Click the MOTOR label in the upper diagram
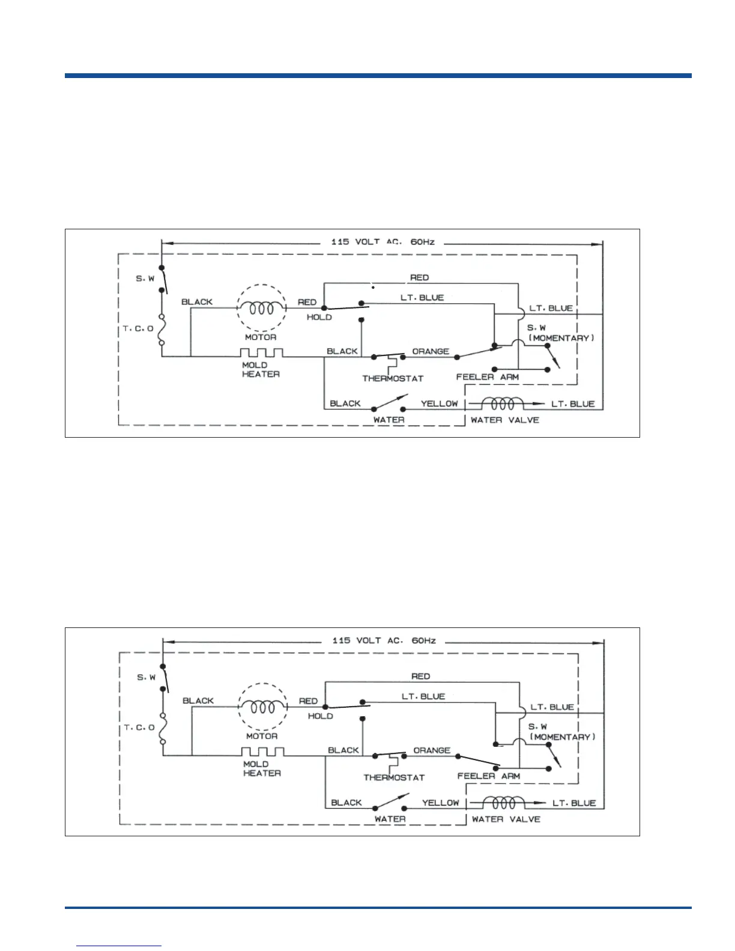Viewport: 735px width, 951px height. click(x=261, y=337)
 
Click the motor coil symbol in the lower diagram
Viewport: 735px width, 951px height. click(x=262, y=707)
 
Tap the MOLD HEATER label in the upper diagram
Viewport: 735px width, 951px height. click(x=261, y=370)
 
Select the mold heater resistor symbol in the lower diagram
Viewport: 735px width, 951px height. click(x=262, y=752)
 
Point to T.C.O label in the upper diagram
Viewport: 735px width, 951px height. click(x=138, y=328)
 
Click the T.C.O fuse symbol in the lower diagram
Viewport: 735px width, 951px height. click(x=163, y=728)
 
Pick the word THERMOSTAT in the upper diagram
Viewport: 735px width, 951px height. click(x=393, y=378)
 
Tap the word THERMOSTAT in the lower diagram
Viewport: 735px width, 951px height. click(x=394, y=777)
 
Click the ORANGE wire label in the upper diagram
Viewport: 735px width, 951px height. click(x=431, y=351)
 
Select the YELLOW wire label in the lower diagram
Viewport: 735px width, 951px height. click(x=440, y=803)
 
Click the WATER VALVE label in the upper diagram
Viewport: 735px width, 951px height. click(x=505, y=420)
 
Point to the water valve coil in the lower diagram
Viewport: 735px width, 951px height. click(x=504, y=802)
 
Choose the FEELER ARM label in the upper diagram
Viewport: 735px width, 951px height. click(x=487, y=377)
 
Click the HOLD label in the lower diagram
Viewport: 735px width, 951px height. click(x=320, y=716)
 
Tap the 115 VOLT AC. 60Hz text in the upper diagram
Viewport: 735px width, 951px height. click(x=383, y=242)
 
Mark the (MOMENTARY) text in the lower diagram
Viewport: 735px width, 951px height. click(x=563, y=737)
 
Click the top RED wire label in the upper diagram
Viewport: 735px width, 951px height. click(x=419, y=277)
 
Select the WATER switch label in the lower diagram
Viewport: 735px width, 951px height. click(x=390, y=819)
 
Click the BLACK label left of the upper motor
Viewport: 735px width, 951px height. click(x=197, y=302)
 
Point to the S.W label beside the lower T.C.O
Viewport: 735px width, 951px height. click(x=147, y=677)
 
